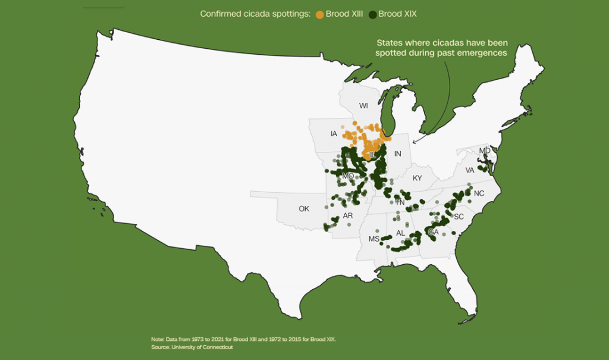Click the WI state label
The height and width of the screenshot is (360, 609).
pos(363,106)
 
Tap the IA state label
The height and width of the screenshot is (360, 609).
pos(334,134)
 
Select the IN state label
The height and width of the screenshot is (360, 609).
pos(398,154)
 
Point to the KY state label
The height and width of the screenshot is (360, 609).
pos(417,178)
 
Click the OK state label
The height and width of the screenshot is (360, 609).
pos(304,209)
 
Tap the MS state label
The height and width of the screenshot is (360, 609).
pos(373,239)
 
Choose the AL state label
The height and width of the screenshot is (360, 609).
pos(400,233)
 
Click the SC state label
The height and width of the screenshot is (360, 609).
pos(459,217)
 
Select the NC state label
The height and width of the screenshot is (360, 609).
pos(479,193)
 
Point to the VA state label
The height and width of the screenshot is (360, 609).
pos(470,170)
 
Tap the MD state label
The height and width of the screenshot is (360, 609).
pos(485,151)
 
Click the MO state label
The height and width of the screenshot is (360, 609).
pos(348,177)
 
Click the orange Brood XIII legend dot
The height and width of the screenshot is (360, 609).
pos(319,14)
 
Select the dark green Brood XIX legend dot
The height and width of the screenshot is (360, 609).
pos(372,14)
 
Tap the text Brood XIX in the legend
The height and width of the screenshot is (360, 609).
pos(397,14)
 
